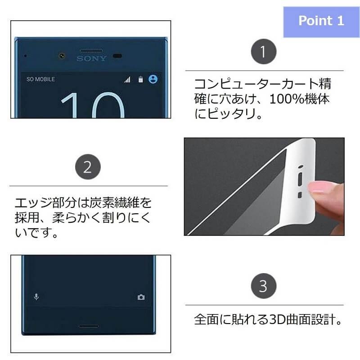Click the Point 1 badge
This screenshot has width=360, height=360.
tap(321, 22)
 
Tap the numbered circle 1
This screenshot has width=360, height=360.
tap(264, 51)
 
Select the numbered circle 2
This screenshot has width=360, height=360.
tap(88, 166)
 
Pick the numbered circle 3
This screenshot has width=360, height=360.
tap(264, 286)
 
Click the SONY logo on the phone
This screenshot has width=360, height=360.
tap(91, 58)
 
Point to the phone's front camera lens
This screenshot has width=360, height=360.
tap(62, 56)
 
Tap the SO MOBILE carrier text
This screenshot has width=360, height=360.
tap(40, 80)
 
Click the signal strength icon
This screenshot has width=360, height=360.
tap(127, 80)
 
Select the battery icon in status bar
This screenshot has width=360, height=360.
tap(140, 79)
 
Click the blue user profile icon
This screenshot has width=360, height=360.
tap(153, 79)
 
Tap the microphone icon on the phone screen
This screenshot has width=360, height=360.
tap(36, 297)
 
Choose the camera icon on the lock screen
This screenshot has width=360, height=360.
tap(141, 297)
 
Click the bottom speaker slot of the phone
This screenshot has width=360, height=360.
tap(88, 326)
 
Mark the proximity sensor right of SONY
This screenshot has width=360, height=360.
tap(117, 56)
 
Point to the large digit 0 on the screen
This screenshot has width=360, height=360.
tap(108, 105)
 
